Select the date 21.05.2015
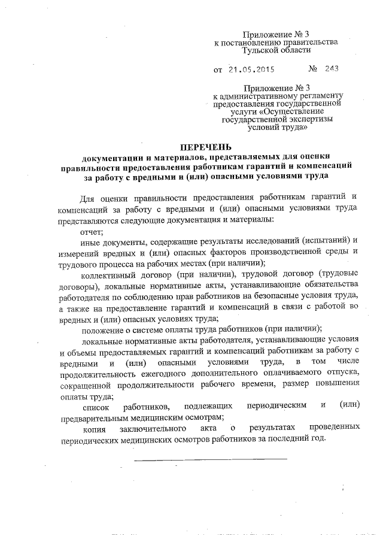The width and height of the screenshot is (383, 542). [x=251, y=69]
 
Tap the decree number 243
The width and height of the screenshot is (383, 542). [x=331, y=68]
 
